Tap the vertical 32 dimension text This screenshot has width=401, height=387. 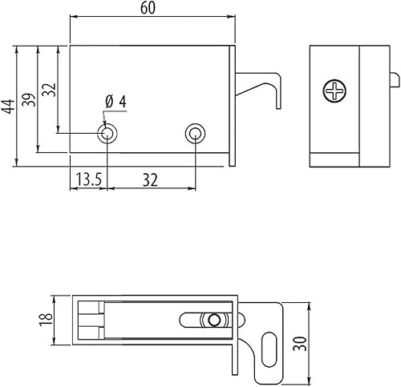click(x=49, y=89)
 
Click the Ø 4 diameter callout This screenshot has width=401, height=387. click(x=116, y=102)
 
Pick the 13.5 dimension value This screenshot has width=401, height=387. click(x=87, y=180)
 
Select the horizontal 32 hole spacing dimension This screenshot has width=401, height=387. click(x=150, y=180)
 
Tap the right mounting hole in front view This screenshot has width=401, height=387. click(x=194, y=133)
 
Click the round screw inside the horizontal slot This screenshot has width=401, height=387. click(x=213, y=320)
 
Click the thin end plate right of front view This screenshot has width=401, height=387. click(x=233, y=104)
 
